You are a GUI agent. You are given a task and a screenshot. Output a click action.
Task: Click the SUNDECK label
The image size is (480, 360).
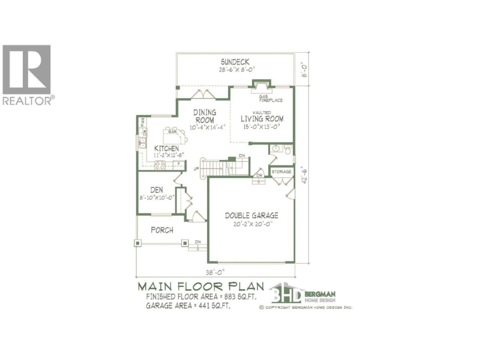[235, 62]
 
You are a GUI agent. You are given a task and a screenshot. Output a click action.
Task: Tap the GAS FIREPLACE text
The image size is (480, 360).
[271, 98]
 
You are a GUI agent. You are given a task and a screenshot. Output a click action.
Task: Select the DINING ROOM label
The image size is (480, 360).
[205, 116]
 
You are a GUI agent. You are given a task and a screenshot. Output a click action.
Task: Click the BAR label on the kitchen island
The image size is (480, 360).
[172, 132]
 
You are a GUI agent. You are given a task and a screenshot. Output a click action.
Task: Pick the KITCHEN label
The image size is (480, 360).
[166, 148]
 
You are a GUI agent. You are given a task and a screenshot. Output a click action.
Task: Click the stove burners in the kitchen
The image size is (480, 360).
[160, 165]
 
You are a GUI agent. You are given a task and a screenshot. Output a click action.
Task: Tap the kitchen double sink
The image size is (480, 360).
[142, 142]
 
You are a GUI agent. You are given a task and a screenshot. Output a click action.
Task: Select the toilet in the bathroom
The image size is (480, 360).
[288, 150]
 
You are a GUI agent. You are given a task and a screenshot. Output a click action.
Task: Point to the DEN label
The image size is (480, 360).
[157, 190]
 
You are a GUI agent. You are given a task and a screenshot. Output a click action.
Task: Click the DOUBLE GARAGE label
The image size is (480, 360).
[252, 216]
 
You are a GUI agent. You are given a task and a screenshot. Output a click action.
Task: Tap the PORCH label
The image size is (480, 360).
[162, 230]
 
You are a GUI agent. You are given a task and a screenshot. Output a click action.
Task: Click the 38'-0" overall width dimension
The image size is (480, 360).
[215, 272]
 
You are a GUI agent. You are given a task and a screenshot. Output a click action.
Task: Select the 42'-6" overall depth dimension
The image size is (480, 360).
[304, 175]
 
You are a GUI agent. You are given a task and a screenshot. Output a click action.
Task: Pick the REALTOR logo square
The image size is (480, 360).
[27, 69]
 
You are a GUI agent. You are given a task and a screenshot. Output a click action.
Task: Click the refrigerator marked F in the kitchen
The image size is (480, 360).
[178, 164]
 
